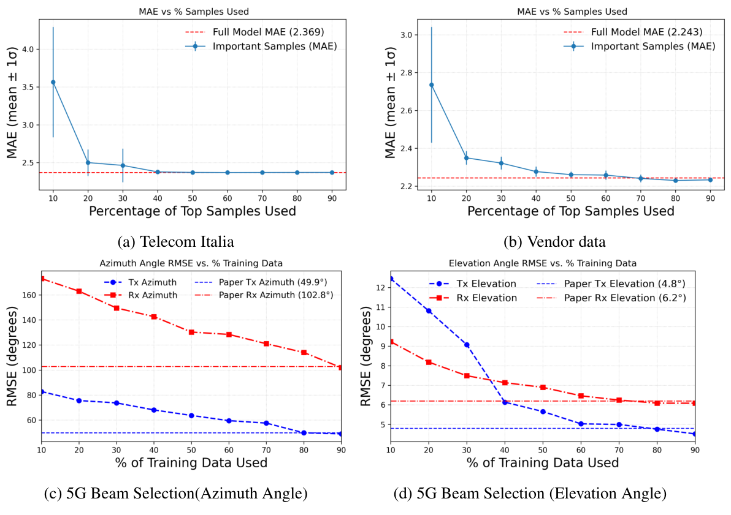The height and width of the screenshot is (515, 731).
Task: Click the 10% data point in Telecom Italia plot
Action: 53,82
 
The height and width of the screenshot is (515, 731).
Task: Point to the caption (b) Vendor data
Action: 554,242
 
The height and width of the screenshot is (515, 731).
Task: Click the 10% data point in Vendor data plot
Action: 431,85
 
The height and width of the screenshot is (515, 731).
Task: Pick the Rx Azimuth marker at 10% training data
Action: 42,279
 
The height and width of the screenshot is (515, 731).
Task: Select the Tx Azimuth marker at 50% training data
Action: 191,415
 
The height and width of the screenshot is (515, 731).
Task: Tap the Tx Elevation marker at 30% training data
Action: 467,345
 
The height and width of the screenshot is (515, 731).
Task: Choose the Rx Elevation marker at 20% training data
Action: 429,362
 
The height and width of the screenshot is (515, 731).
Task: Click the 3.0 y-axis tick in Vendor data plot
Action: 405,35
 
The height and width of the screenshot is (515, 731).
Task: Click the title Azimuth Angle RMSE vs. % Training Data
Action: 191,263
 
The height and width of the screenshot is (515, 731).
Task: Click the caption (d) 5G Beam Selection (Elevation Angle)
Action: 530,492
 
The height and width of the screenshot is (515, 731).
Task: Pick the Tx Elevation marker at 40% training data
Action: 505,402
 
